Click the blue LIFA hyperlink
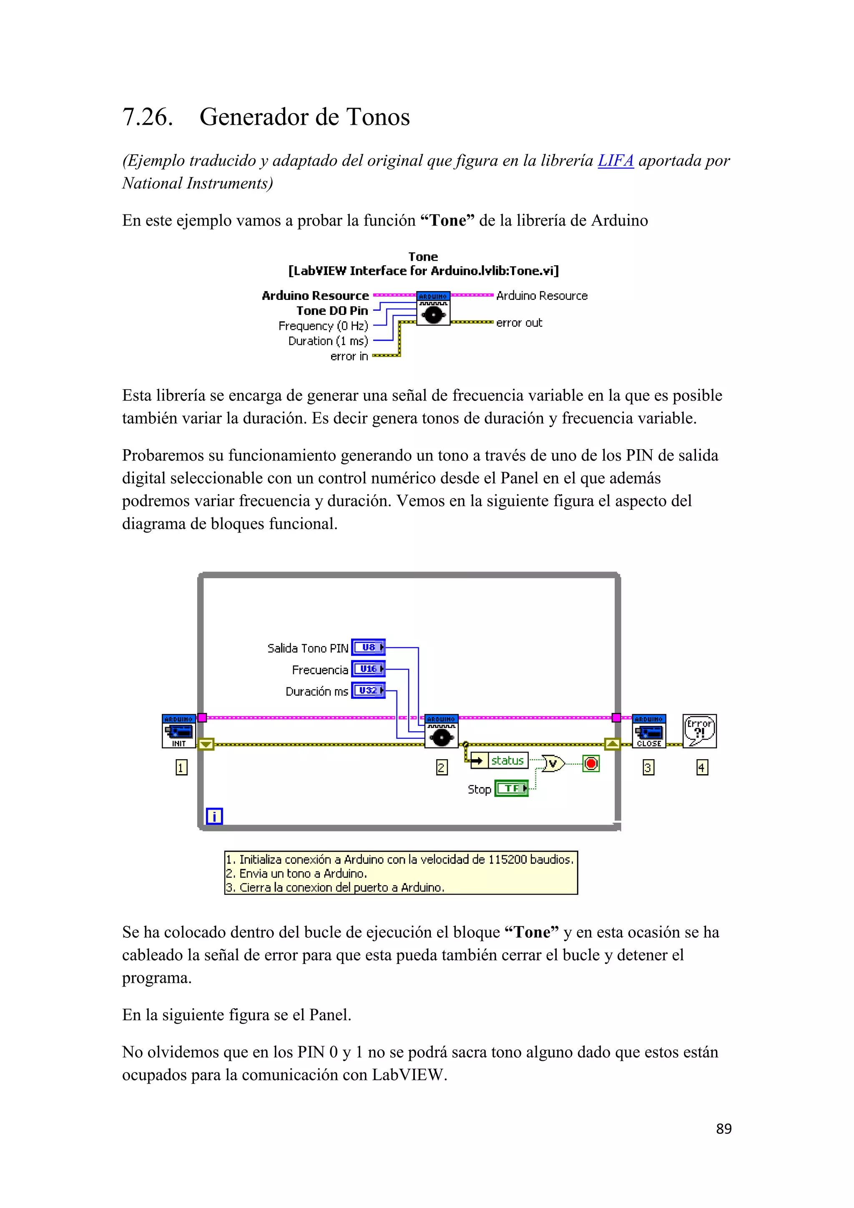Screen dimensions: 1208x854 [x=615, y=161]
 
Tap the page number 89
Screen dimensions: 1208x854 [x=723, y=1129]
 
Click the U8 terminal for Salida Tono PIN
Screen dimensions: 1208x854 [x=368, y=647]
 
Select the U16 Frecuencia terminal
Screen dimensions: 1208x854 [x=368, y=669]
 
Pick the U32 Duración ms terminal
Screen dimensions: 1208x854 [x=368, y=690]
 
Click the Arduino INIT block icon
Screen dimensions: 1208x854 [x=179, y=731]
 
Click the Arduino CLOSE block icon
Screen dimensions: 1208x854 [x=649, y=731]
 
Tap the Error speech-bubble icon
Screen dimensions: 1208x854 [x=699, y=731]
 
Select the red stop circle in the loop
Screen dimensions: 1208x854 [x=591, y=763]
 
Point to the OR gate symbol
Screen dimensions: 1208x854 [x=553, y=763]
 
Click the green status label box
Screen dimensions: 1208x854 [x=507, y=761]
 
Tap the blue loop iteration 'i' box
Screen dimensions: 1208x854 [x=214, y=816]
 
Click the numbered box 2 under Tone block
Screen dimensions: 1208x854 [x=442, y=768]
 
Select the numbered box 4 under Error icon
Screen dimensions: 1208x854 [x=702, y=768]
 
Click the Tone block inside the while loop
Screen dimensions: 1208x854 [x=441, y=731]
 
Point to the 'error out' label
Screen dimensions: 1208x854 [x=519, y=323]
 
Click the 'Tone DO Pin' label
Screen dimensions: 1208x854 [x=332, y=311]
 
